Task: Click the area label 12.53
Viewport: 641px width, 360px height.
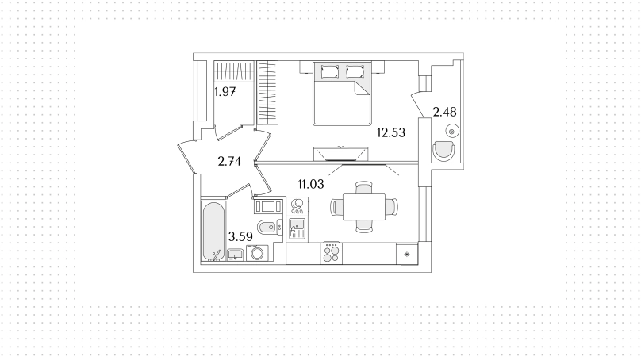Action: [391, 132]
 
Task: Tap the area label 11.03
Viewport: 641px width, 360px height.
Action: [311, 184]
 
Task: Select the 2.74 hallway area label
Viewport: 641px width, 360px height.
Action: [229, 162]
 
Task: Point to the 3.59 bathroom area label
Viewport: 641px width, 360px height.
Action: [240, 236]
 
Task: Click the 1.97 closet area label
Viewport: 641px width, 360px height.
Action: [225, 92]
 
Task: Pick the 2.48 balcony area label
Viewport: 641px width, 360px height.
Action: [444, 112]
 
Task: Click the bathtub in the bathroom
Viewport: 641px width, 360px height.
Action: [213, 231]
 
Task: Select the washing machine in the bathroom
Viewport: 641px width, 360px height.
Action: [258, 254]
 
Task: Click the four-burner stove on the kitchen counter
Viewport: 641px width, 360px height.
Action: [331, 254]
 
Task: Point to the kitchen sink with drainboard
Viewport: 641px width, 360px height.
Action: [297, 229]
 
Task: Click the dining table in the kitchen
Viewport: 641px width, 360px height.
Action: [364, 207]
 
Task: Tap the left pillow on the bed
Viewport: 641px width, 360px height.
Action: [330, 71]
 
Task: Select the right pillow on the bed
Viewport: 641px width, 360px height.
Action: [355, 71]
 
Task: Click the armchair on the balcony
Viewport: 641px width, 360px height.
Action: [443, 151]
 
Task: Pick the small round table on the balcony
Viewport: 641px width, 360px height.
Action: [451, 132]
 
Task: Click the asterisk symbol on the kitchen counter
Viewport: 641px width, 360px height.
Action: [407, 255]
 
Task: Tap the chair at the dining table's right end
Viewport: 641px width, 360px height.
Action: [392, 207]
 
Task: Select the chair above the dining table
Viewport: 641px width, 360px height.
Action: [363, 188]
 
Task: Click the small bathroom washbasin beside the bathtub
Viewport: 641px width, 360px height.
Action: [235, 255]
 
